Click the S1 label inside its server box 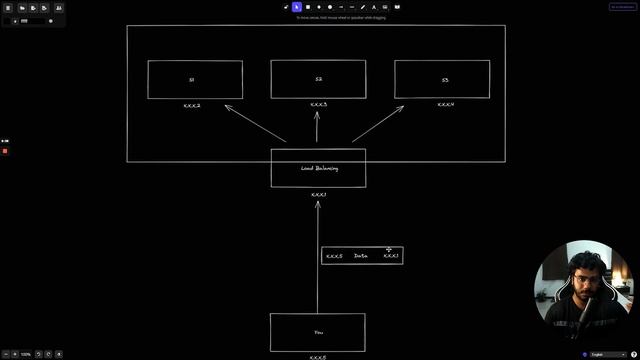[x=191, y=79]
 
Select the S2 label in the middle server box [x=317, y=79]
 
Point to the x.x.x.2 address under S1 [x=192, y=105]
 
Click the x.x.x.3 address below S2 [x=318, y=104]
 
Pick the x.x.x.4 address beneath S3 [x=445, y=104]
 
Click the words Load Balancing [x=319, y=169]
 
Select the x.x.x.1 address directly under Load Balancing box [x=319, y=194]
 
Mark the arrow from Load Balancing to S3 [x=378, y=124]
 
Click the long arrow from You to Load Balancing [x=318, y=260]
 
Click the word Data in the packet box [x=360, y=256]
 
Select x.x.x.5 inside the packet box [x=334, y=256]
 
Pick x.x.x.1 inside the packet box [x=391, y=256]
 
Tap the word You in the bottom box [x=318, y=332]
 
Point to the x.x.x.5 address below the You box [x=318, y=356]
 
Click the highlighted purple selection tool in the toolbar [x=297, y=7]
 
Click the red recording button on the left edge [x=4, y=150]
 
